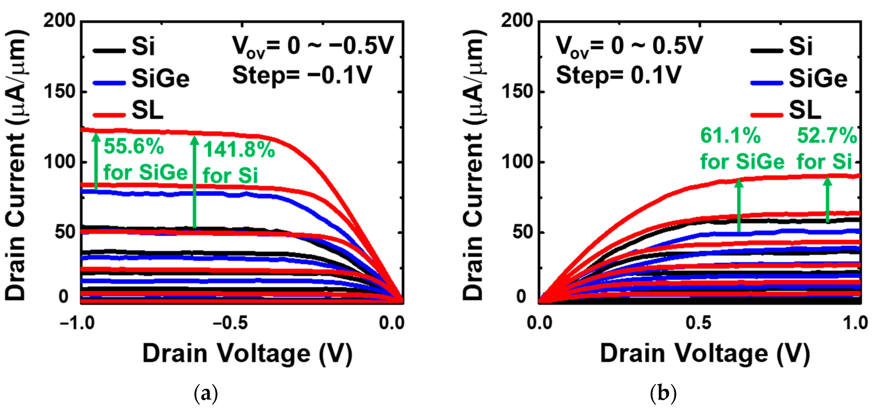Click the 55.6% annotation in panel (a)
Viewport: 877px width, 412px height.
pos(134,147)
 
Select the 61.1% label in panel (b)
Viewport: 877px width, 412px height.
pos(730,136)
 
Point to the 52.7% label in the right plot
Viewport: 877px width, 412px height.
pos(827,136)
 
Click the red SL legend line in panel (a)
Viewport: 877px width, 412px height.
pos(109,115)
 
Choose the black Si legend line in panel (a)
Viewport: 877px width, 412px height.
pos(109,51)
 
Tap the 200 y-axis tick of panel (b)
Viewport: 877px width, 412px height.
pos(516,21)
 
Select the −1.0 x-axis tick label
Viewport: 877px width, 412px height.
pos(77,323)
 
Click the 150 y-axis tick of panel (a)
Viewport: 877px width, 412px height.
pos(59,92)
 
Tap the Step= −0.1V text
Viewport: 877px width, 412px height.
pos(302,75)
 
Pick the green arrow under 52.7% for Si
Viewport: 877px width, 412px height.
pos(827,199)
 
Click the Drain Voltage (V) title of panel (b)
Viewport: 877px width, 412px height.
pos(705,354)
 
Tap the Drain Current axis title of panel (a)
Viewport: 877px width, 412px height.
pos(15,165)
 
